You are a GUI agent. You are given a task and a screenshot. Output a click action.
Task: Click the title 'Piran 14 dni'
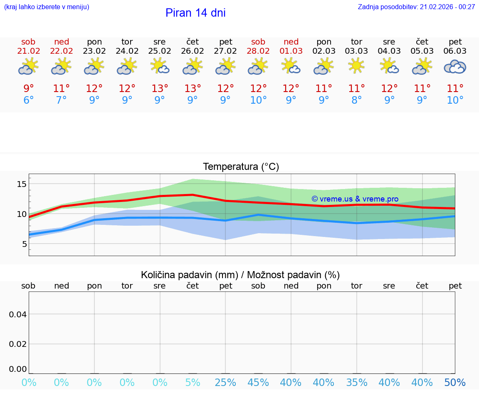coord(195,13)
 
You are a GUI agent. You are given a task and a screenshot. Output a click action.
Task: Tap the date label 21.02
coord(29,51)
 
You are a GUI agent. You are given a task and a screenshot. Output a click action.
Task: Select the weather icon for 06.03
coord(455,67)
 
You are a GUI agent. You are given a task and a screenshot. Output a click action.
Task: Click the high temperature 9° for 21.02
coord(29,89)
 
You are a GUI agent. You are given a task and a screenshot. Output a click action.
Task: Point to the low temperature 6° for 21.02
coord(29,100)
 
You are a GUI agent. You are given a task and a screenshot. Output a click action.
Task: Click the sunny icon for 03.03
coord(356,66)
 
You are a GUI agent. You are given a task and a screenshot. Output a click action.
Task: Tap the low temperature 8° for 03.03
coord(356,100)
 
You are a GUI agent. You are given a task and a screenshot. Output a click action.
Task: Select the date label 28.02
coord(258,51)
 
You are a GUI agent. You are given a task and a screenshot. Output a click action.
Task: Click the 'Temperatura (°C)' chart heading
coord(241,167)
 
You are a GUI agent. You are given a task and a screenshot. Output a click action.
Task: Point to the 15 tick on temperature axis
coord(22,184)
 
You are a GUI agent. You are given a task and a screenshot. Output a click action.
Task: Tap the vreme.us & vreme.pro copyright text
coord(355,199)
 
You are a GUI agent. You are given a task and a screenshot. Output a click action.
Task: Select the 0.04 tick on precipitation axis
coord(18,314)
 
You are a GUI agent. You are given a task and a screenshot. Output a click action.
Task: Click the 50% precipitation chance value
coord(455,383)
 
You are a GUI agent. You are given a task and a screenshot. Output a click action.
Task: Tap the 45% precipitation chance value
coord(258,383)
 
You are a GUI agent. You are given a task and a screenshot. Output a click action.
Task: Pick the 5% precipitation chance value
coord(193,383)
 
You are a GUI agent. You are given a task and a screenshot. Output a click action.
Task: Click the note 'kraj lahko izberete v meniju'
coord(47,7)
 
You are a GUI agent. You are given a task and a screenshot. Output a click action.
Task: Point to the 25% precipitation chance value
coord(225,383)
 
